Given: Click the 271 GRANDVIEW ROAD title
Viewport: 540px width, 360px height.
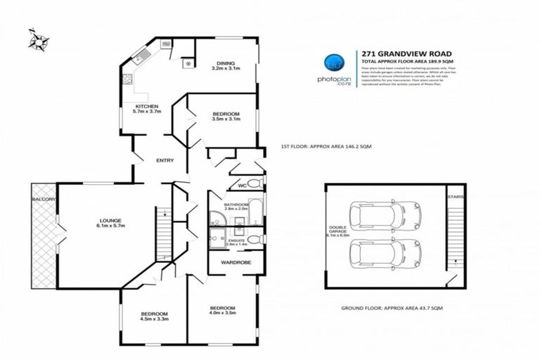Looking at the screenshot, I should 401,53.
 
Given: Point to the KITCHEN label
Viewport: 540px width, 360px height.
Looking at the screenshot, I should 147,106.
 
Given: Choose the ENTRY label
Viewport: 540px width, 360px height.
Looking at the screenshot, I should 165,160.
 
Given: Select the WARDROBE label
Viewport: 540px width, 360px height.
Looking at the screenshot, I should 231,262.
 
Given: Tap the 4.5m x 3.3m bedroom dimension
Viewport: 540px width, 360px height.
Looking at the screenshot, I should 153,319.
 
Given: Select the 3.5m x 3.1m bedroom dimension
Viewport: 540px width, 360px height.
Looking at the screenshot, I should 226,120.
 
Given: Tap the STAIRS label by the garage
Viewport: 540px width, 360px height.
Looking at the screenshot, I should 455,198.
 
